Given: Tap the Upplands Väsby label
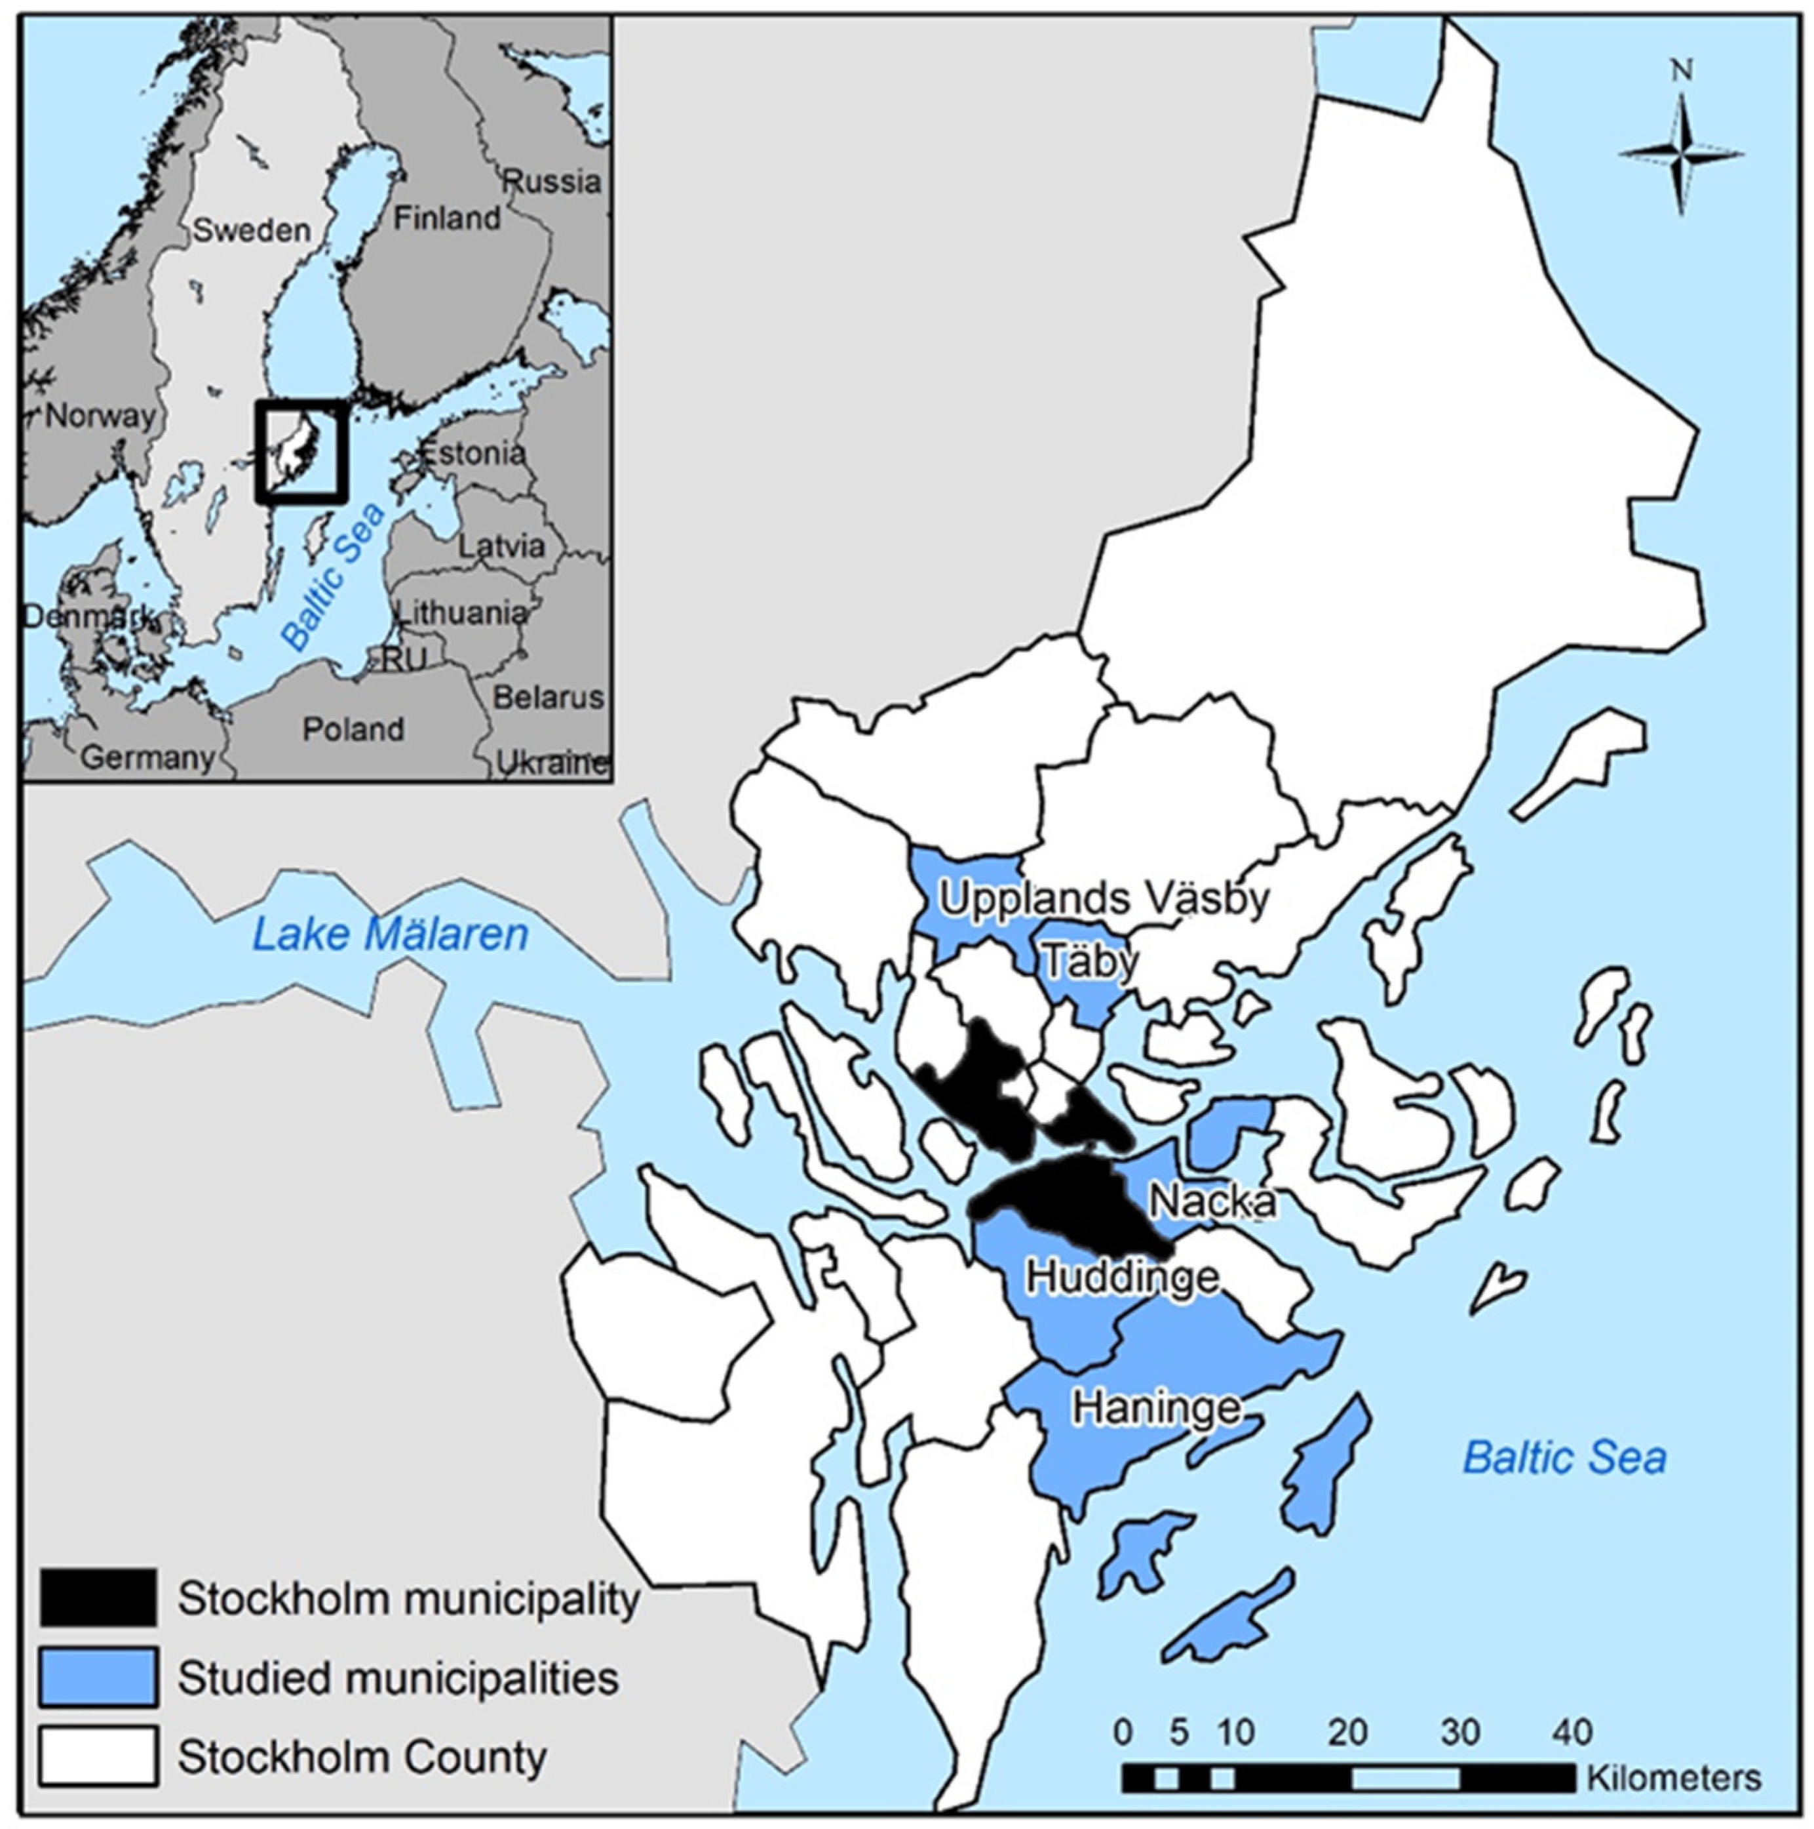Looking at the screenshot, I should (x=1104, y=898).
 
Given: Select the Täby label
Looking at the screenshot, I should (x=1089, y=962).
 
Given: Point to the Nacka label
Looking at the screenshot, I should (x=1212, y=1201).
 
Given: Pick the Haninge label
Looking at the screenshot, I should (x=1155, y=1408).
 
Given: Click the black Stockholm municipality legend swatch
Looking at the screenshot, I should (x=98, y=1598).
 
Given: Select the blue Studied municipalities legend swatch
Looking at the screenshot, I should (x=98, y=1678).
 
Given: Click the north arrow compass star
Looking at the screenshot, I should (x=1680, y=153).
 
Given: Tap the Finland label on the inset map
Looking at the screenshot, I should (x=447, y=218).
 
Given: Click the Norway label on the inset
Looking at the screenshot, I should (x=100, y=416).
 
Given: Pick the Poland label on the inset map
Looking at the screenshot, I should (x=353, y=729).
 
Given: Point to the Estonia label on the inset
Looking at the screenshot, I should (x=473, y=452).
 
